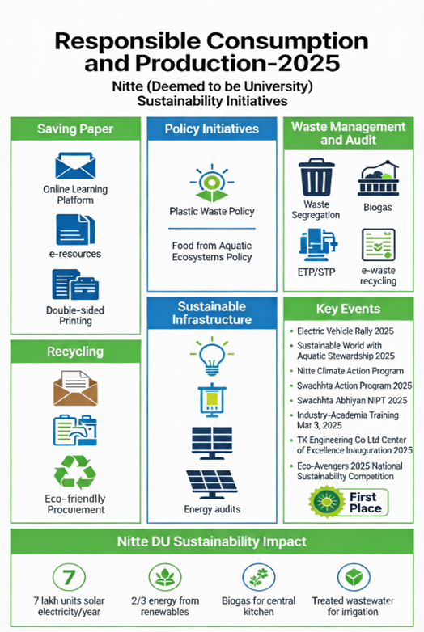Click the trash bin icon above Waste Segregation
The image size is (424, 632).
click(316, 177)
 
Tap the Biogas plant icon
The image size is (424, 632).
click(378, 178)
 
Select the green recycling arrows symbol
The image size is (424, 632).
click(75, 472)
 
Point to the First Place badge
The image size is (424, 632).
click(348, 502)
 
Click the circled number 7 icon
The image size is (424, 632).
click(69, 577)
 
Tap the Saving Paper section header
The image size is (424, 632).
click(75, 129)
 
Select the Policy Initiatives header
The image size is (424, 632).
click(212, 129)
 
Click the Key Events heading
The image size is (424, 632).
click(348, 309)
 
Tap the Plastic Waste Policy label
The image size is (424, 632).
click(212, 211)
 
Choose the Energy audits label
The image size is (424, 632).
click(212, 509)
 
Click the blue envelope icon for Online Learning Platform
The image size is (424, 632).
click(75, 166)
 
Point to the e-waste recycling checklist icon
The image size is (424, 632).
click(378, 245)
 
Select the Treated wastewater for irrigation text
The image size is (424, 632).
click(353, 606)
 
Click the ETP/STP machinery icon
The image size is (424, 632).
click(317, 245)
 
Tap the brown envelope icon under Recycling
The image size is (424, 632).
click(75, 388)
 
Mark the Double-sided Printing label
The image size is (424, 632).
click(75, 316)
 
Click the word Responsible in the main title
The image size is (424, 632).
click(128, 41)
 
